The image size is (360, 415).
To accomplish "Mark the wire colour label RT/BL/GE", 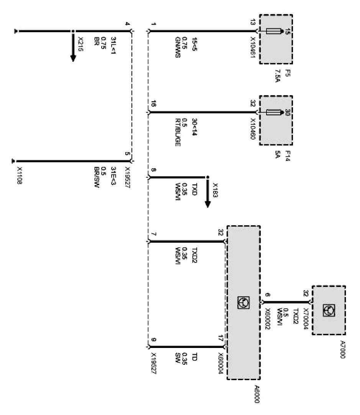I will click(x=178, y=133).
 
